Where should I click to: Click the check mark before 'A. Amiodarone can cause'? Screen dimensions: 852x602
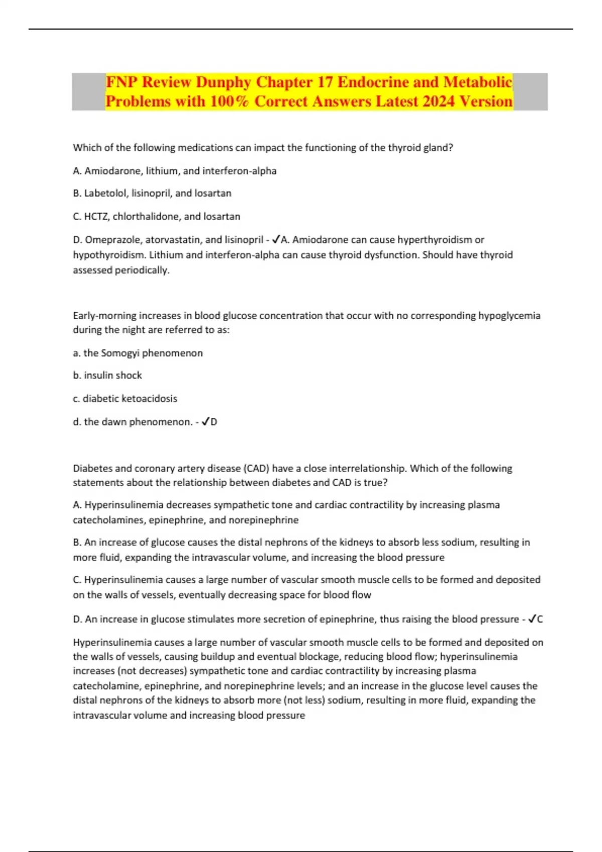pos(275,240)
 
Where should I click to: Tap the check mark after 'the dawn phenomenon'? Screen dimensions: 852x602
pos(205,421)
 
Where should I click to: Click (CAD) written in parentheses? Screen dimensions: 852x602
pos(256,468)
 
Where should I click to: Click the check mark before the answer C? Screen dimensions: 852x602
pos(532,619)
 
